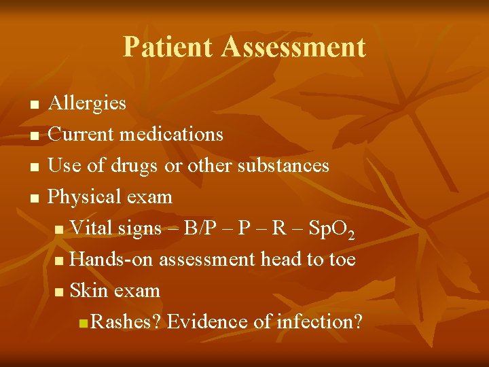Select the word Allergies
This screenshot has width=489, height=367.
[88, 103]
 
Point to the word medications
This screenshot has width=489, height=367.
[171, 134]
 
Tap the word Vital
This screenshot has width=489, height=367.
[91, 228]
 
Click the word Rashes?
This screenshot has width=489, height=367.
[126, 321]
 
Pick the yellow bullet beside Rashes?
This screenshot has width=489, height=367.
[83, 323]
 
